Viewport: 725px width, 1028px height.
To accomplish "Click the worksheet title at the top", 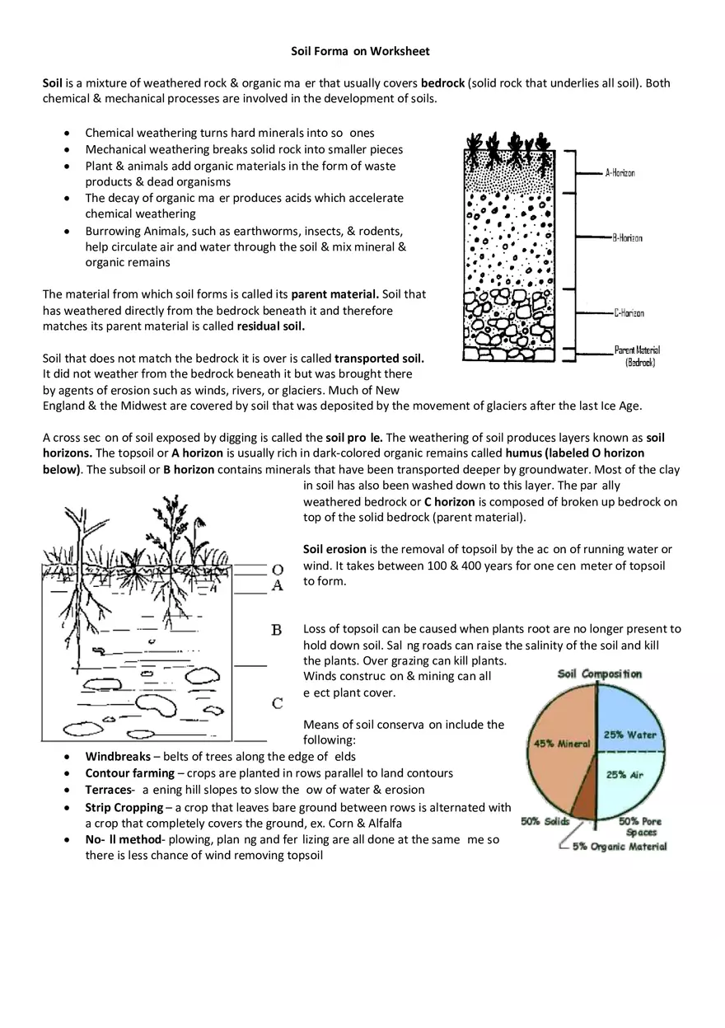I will [x=360, y=51].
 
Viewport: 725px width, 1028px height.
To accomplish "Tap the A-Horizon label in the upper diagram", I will [x=620, y=173].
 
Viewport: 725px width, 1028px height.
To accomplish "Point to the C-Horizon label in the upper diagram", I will [x=629, y=313].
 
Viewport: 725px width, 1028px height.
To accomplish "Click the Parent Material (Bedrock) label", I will [x=637, y=356].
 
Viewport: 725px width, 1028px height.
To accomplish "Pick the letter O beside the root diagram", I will [x=278, y=570].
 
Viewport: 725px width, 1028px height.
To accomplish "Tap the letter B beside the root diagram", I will [x=277, y=631].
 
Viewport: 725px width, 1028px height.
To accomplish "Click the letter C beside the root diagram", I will [x=278, y=703].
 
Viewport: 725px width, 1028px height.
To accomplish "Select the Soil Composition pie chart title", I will [x=599, y=674].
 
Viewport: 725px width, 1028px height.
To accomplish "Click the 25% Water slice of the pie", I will [x=629, y=725].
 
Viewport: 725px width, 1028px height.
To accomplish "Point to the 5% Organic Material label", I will [x=620, y=847].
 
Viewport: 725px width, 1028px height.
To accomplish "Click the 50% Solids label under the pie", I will [x=545, y=821].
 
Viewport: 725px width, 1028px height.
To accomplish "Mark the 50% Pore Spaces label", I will [x=640, y=827].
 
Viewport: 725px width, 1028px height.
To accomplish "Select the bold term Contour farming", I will [x=129, y=773].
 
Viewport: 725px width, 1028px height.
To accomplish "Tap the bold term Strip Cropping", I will [x=127, y=807].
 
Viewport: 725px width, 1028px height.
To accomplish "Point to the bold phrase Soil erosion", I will [x=334, y=549].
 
